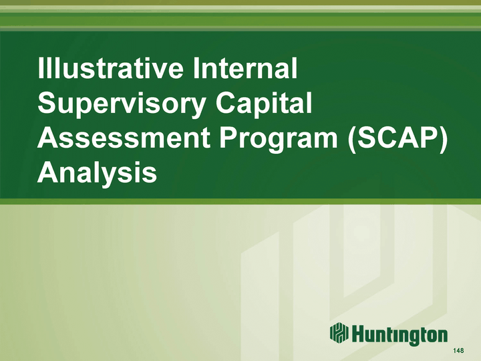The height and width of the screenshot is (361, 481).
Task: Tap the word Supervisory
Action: [122, 104]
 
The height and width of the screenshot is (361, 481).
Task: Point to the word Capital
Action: [263, 104]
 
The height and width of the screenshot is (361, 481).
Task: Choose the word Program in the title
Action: [278, 139]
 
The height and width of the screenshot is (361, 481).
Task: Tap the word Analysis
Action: [97, 172]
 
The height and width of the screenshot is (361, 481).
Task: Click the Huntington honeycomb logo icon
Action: [339, 333]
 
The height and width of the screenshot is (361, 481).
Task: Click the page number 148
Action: [458, 350]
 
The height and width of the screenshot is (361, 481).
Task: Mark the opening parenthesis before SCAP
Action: [352, 139]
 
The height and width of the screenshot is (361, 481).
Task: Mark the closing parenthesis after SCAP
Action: [443, 139]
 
